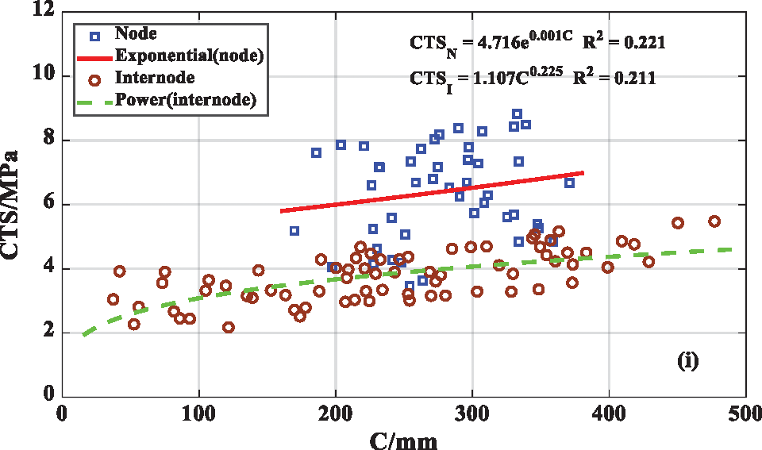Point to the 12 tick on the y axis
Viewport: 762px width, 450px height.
coord(45,12)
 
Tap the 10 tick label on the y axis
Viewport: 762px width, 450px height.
coord(45,76)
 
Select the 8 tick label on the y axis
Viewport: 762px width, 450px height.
coord(50,140)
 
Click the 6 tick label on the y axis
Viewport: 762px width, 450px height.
coord(50,204)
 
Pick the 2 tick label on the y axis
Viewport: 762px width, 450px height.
coord(50,332)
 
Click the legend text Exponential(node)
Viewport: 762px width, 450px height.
coord(189,56)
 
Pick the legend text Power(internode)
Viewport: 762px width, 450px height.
coord(185,100)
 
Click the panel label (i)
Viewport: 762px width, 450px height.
coord(687,361)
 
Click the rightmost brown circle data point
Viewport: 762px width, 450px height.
coord(714,221)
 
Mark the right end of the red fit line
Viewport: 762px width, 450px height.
coord(584,172)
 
